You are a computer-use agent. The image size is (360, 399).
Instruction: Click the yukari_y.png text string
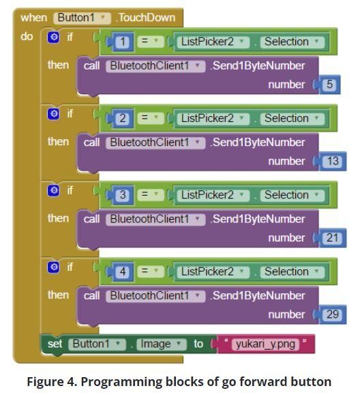pyautogui.click(x=265, y=344)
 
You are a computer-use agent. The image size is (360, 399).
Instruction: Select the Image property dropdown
pyautogui.click(x=162, y=344)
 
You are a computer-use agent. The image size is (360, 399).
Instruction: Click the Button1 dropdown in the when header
pyautogui.click(x=82, y=18)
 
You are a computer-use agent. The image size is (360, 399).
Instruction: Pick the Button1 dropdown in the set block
pyautogui.click(x=97, y=344)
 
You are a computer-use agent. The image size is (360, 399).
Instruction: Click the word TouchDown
pyautogui.click(x=146, y=18)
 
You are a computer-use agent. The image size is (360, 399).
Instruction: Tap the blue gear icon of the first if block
pyautogui.click(x=53, y=37)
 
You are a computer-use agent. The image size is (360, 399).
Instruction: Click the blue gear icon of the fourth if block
pyautogui.click(x=53, y=267)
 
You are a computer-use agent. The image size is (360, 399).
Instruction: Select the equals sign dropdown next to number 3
pyautogui.click(x=151, y=194)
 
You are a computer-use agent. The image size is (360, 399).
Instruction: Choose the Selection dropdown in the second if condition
pyautogui.click(x=292, y=118)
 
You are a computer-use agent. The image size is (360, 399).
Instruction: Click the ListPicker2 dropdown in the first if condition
pyautogui.click(x=213, y=42)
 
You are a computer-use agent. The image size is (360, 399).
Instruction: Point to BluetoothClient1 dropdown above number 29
pyautogui.click(x=155, y=296)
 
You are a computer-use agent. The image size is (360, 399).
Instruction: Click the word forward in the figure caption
pyautogui.click(x=263, y=382)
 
